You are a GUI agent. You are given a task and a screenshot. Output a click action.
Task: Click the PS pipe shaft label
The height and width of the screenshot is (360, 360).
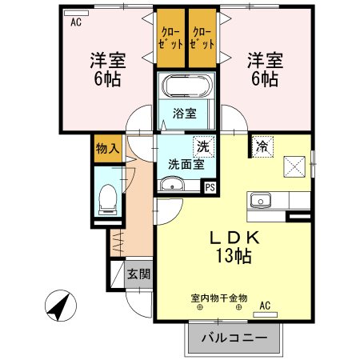click(210, 188)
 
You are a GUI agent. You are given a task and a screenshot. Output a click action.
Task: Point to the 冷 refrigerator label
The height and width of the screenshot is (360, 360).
click(262, 146)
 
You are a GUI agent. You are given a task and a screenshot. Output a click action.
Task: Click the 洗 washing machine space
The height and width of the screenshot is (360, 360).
click(203, 146)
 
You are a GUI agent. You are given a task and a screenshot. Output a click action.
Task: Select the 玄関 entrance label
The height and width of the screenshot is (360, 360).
click(138, 274)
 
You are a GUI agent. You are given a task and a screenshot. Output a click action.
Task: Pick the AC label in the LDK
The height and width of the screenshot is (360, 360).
click(265, 304)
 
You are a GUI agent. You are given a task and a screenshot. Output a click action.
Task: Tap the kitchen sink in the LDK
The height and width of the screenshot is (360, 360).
click(259, 200)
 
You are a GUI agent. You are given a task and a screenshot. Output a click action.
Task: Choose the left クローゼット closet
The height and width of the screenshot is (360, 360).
click(170, 38)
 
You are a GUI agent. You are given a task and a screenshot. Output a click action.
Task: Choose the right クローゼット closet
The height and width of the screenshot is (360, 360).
click(203, 38)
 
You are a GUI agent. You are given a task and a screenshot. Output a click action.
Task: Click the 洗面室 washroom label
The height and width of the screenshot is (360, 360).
click(185, 164)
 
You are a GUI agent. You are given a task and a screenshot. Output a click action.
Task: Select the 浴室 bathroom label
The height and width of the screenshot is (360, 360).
click(185, 113)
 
